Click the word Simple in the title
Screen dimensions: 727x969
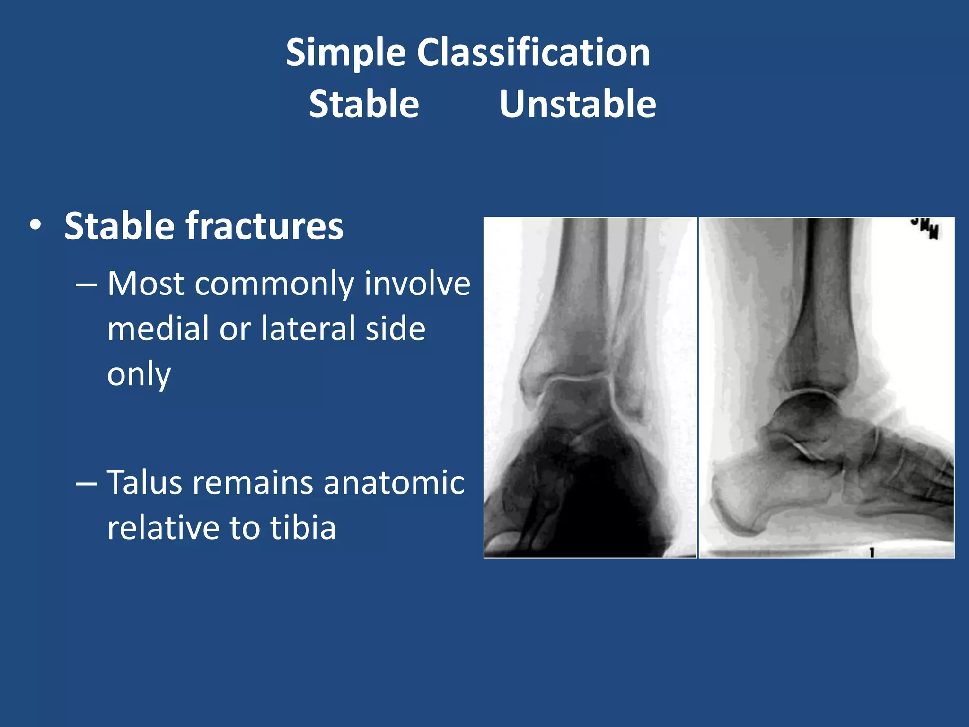tap(345, 53)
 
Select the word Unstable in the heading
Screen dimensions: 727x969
tap(578, 104)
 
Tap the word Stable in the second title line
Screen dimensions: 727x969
tap(364, 104)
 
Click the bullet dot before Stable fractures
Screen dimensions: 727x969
tap(35, 225)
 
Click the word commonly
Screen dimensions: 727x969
tap(274, 284)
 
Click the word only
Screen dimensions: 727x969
tap(139, 374)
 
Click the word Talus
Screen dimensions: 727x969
tap(144, 483)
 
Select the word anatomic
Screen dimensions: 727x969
tap(394, 483)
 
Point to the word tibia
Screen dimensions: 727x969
tap(303, 528)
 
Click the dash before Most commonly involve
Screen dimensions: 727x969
tap(86, 284)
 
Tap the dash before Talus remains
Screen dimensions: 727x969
tap(86, 484)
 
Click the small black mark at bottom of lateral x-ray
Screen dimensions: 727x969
tap(872, 552)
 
